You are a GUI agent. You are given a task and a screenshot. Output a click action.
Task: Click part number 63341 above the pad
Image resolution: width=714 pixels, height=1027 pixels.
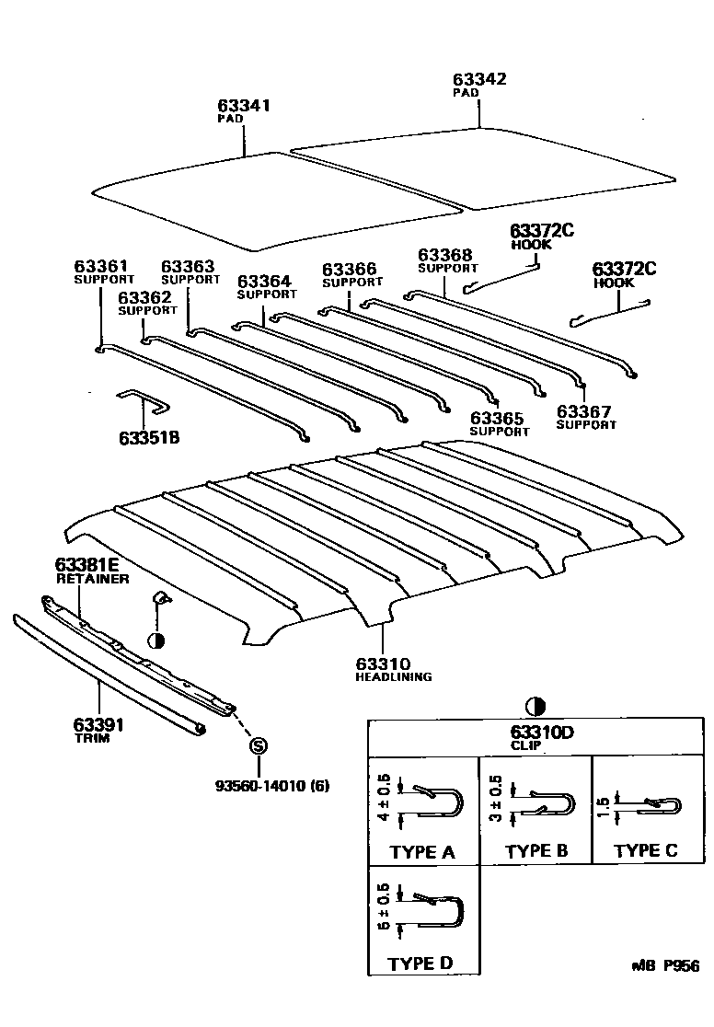point(244,106)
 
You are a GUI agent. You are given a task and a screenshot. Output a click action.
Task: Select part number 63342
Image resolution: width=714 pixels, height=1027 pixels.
point(480,80)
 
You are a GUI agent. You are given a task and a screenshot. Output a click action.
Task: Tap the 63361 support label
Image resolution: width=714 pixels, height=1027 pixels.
point(101,267)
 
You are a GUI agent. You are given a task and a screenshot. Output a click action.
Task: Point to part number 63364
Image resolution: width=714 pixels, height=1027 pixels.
point(264,282)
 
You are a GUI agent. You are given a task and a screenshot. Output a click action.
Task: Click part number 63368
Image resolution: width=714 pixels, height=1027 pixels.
point(445,255)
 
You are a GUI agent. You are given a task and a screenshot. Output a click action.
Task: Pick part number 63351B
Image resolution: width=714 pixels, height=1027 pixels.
point(148,437)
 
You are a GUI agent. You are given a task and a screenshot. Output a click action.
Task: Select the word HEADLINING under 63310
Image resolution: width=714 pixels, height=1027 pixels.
point(393,676)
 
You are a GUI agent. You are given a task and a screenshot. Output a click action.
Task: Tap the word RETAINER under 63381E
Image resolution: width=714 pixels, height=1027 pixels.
point(92,579)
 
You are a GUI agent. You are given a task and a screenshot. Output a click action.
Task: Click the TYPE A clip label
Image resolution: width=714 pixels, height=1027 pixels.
point(422,852)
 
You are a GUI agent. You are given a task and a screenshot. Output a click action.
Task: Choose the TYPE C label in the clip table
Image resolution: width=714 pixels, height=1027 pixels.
point(646,850)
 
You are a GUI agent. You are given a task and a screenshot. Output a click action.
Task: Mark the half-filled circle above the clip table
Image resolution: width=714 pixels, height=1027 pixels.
point(535,706)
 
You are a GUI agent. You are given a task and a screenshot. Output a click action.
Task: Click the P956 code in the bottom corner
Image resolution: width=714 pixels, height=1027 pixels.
point(681,965)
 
